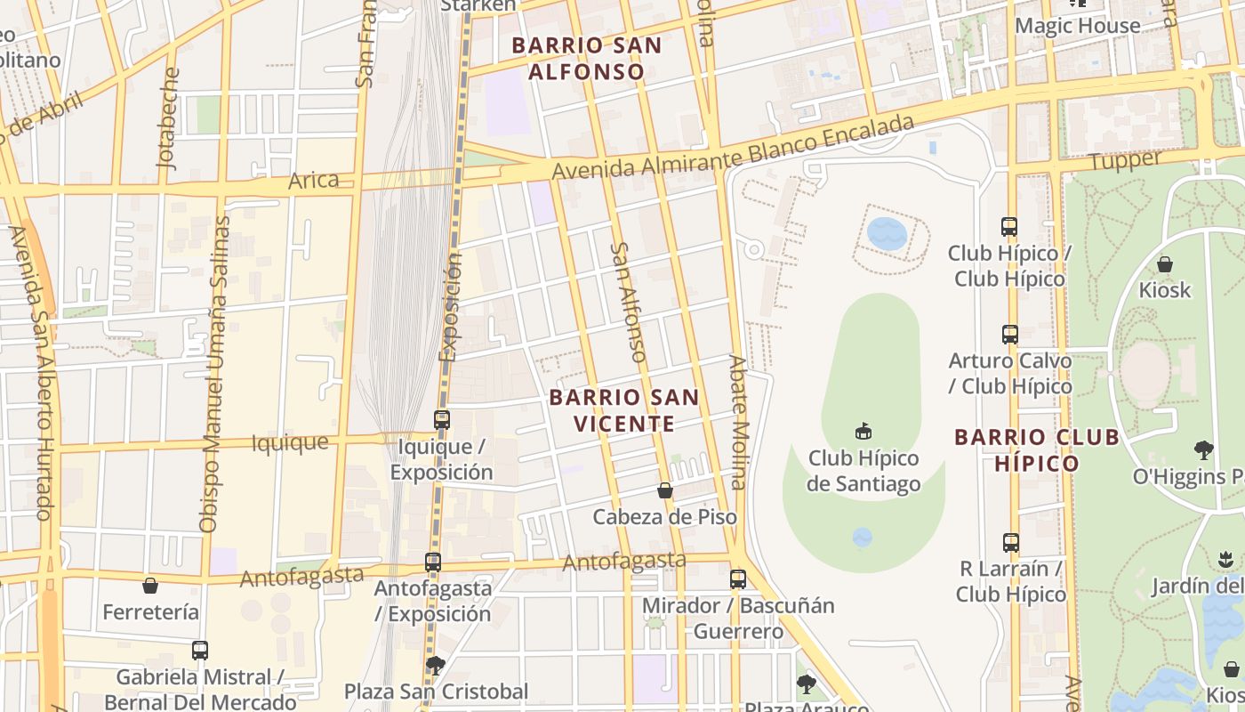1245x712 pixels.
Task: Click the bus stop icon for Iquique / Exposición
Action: click(442, 419)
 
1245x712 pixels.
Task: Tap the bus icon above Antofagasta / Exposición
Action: click(433, 562)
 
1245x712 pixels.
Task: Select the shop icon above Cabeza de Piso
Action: click(664, 490)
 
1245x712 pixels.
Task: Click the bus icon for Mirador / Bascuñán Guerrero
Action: click(737, 579)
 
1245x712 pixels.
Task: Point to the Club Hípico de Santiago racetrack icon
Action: click(862, 432)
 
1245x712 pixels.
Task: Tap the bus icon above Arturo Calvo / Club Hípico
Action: click(1009, 335)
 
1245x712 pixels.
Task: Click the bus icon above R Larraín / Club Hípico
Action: click(1010, 542)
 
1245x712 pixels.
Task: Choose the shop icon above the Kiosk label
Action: click(1164, 264)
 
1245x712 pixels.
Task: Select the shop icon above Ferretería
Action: click(150, 586)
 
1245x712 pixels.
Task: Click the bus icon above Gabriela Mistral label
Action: click(199, 651)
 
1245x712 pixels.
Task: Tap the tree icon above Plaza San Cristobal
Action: click(435, 665)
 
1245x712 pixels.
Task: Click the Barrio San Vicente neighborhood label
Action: click(624, 410)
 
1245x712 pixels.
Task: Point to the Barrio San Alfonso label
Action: click(587, 58)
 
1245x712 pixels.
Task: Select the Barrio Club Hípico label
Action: click(1036, 449)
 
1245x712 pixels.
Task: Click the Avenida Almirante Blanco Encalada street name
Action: click(733, 146)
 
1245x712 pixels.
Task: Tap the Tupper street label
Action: click(1125, 161)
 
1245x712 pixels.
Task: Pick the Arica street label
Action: click(314, 180)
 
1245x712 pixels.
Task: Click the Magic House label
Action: click(1077, 26)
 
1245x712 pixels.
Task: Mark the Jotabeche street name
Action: click(166, 117)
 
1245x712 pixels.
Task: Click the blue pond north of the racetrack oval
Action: click(887, 234)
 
